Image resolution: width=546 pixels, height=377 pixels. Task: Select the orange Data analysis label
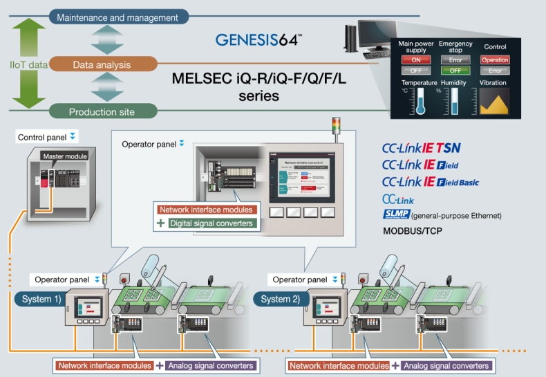point(101,65)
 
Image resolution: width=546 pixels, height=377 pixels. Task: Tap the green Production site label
point(102,112)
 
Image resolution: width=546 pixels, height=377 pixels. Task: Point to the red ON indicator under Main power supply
point(416,59)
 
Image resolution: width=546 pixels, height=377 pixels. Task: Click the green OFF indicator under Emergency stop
point(455,70)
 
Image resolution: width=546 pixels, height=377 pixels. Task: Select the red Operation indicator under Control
point(495,59)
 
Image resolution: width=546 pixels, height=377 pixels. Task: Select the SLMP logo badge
point(397,215)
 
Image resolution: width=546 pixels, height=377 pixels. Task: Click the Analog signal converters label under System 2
point(446,366)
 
